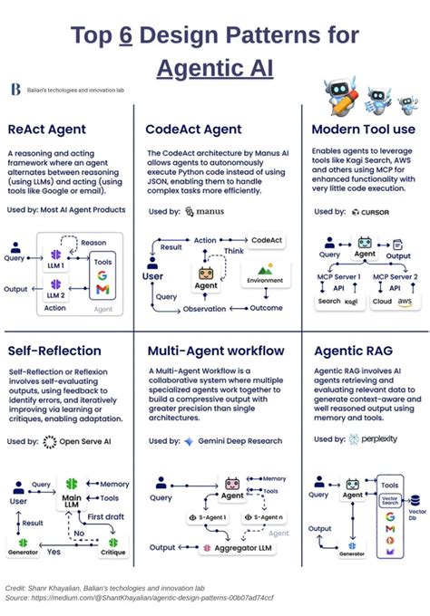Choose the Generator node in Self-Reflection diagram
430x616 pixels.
[24, 548]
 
